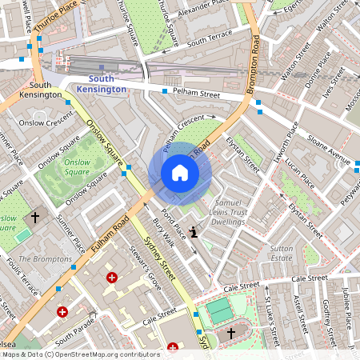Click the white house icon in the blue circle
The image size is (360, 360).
pos(179,173)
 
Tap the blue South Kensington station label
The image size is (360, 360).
pos(107,84)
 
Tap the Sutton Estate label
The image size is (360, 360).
pos(281,254)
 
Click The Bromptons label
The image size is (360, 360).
pos(45,259)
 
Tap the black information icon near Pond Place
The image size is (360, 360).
pos(194,233)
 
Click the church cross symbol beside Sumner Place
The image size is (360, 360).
pos(34,217)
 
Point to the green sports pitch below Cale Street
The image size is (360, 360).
pos(218,310)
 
